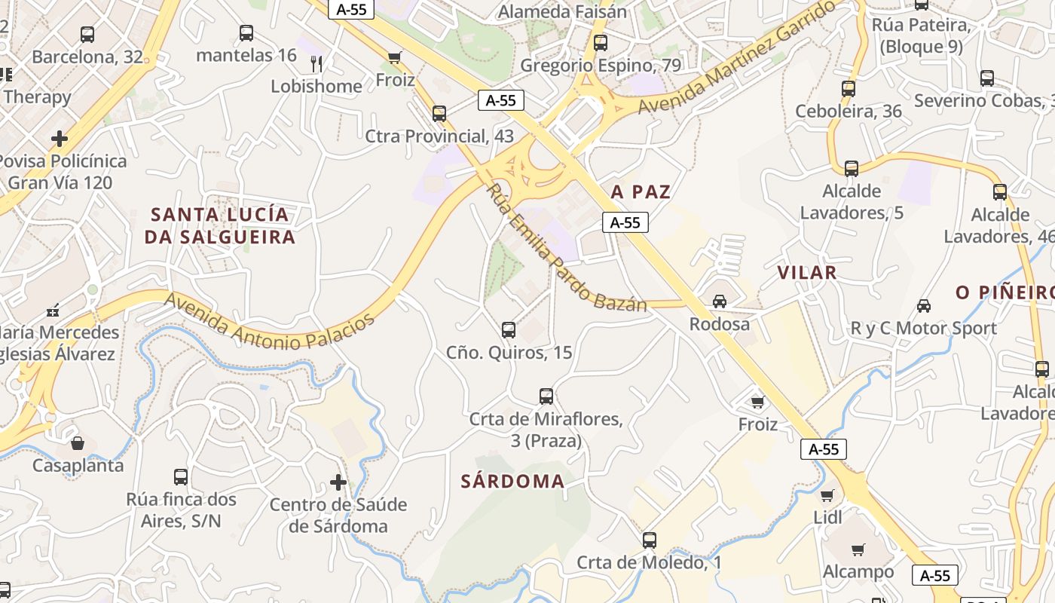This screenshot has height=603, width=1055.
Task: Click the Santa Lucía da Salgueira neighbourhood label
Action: (220, 225)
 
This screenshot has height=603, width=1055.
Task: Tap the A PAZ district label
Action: (641, 192)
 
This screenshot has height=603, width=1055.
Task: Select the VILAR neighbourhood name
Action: (807, 273)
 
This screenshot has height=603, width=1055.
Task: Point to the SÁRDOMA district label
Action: (512, 482)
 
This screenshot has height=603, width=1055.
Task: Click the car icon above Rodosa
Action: (720, 301)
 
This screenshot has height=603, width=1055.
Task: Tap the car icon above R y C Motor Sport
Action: (923, 305)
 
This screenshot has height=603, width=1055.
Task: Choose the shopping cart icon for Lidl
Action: (827, 495)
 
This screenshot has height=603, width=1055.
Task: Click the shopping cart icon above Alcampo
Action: (858, 549)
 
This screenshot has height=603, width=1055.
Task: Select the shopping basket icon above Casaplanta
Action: (77, 443)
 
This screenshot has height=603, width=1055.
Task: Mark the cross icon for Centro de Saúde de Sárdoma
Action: (338, 482)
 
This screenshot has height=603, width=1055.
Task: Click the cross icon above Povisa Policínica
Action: (60, 139)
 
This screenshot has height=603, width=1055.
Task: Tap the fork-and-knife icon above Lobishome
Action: (316, 63)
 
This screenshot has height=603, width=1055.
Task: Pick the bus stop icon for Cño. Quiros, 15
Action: (509, 329)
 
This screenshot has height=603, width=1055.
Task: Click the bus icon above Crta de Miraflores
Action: (546, 396)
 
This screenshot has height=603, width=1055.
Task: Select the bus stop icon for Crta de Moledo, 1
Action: (649, 540)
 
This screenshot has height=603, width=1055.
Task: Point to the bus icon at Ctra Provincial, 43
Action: (439, 114)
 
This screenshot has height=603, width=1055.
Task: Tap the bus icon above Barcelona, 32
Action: (87, 34)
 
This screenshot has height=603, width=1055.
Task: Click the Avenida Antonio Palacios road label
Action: (270, 321)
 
